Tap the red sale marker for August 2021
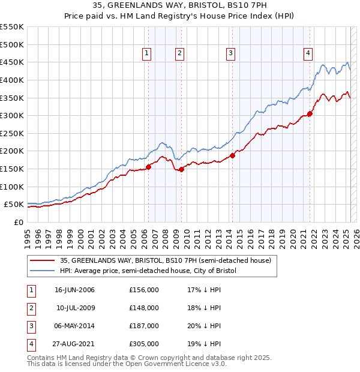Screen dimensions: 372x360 [x=310, y=113]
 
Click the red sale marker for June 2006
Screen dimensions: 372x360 [x=148, y=167]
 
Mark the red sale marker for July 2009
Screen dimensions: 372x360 [x=181, y=169]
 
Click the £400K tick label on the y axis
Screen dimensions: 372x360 [x=11, y=80]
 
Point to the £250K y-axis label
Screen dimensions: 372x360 [x=11, y=133]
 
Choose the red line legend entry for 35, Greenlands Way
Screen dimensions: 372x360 [x=166, y=260]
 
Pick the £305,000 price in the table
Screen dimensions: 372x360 [x=144, y=344]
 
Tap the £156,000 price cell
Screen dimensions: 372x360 [x=144, y=290]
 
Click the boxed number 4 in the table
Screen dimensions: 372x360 [x=30, y=344]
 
